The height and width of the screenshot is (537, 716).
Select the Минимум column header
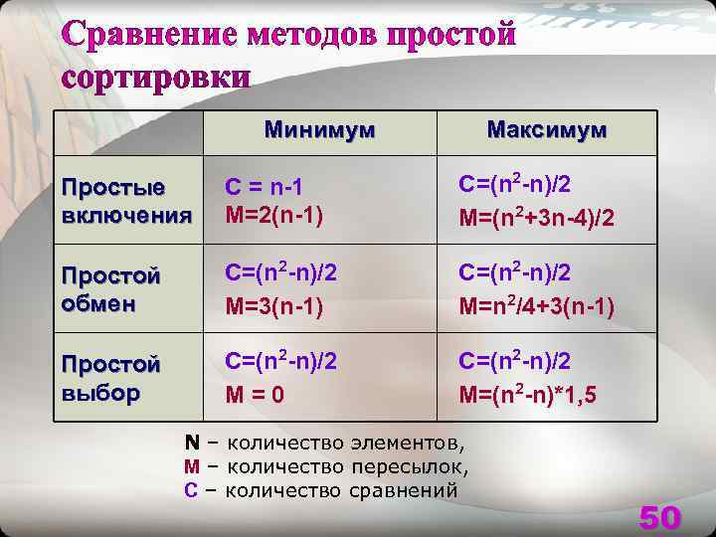319,130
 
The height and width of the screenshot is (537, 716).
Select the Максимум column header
547,130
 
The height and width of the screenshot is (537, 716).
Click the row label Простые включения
125,201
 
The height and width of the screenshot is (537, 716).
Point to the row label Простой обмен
110,287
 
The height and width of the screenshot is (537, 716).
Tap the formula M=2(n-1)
274,213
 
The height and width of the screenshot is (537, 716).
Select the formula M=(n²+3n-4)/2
537,215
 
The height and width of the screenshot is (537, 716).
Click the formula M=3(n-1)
274,306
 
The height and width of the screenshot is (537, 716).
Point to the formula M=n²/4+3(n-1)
537,305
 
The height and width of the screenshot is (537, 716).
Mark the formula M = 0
255,395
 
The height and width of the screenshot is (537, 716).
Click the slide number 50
659,517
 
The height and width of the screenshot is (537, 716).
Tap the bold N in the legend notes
192,442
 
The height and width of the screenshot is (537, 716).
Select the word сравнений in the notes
409,489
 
